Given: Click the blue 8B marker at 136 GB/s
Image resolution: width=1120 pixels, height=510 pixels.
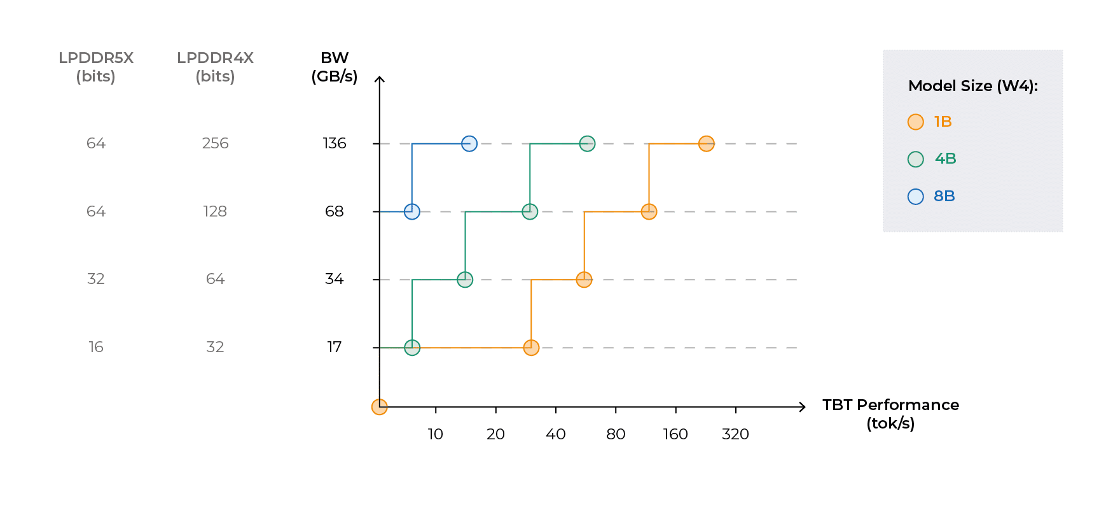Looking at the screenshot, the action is tap(469, 144).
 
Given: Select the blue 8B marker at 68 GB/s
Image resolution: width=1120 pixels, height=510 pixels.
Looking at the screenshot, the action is tap(412, 211).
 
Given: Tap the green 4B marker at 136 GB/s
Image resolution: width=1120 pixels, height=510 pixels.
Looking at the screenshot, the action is tap(588, 144).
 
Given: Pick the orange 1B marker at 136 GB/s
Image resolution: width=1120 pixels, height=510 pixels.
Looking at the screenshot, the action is tap(707, 144).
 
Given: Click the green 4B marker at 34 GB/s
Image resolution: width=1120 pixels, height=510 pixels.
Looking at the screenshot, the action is tap(465, 280).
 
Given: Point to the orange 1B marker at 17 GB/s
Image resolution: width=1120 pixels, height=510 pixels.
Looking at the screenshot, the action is tap(531, 348).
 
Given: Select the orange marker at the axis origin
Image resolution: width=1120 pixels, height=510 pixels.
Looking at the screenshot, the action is tap(379, 407).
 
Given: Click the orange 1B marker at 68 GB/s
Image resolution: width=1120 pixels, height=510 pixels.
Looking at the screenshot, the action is tap(649, 211).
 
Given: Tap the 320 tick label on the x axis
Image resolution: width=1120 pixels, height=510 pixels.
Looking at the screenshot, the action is tap(735, 434).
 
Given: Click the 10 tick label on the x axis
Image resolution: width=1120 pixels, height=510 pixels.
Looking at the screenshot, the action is tap(435, 434).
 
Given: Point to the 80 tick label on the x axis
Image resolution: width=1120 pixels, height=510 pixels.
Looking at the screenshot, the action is tap(616, 434).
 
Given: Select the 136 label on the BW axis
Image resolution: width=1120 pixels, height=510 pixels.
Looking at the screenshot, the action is tap(335, 143).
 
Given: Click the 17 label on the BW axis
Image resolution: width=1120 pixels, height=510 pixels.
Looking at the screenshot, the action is tap(335, 347).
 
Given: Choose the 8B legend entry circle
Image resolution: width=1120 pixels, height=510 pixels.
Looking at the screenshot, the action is tap(916, 196).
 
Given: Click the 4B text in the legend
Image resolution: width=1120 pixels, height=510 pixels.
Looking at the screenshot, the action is tap(946, 159).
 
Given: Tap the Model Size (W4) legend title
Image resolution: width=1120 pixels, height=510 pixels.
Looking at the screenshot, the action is tap(973, 86).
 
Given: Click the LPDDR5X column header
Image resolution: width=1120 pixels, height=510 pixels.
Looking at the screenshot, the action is tap(96, 67).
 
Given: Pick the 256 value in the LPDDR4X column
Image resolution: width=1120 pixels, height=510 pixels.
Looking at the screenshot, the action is tap(215, 143).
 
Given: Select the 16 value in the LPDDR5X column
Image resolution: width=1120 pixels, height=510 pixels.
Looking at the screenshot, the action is tap(96, 347).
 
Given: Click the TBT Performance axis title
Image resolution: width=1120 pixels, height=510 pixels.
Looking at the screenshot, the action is tap(890, 414).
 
